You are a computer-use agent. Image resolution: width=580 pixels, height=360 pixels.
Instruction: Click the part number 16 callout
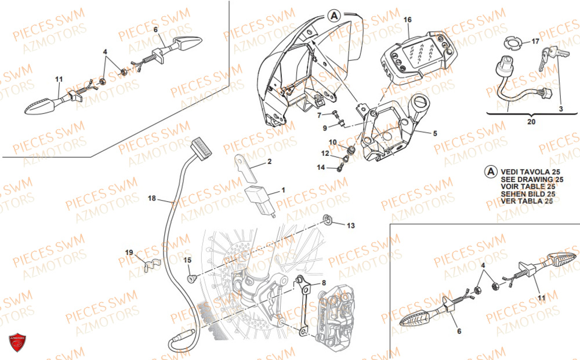coord(408,20)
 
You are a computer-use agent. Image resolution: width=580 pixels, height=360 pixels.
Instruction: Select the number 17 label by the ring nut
coord(535,42)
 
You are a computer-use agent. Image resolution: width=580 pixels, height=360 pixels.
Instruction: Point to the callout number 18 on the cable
coord(151,199)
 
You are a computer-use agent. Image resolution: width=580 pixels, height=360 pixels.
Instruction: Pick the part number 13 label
coord(350,225)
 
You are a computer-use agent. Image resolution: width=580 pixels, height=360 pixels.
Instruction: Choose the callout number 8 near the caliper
coord(324,283)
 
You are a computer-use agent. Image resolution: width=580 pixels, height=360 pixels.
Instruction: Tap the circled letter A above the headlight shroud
coord(333,17)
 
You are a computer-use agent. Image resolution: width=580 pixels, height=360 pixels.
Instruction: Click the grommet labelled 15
coord(190,279)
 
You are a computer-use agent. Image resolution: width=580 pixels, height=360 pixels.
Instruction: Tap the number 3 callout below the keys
coord(561,108)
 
